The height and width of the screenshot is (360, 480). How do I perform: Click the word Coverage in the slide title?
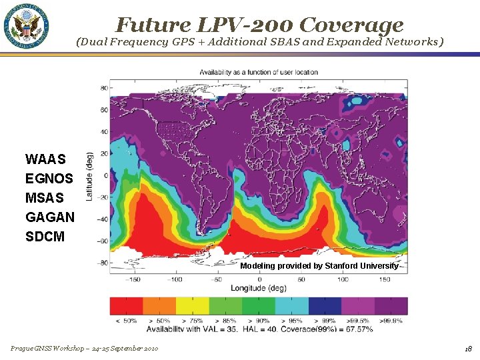click(351, 25)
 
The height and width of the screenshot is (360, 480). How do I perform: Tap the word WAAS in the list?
click(45, 159)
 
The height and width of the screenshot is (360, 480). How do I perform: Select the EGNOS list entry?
click(49, 179)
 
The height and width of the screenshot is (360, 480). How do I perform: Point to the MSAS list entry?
click(45, 198)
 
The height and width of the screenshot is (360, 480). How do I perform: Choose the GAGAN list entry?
click(49, 217)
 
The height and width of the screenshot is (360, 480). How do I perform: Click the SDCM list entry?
click(45, 237)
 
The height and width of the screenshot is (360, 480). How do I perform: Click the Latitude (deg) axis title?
click(89, 176)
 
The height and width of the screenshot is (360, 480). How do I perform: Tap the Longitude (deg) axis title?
click(259, 288)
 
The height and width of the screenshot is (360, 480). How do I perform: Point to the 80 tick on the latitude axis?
click(105, 87)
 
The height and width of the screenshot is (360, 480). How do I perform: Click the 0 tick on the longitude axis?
click(259, 279)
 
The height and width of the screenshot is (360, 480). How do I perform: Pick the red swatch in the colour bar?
click(126, 306)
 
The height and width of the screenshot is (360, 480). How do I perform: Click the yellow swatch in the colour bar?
click(192, 306)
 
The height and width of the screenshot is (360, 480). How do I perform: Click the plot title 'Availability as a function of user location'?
click(259, 72)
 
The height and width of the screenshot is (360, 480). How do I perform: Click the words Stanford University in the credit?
click(361, 266)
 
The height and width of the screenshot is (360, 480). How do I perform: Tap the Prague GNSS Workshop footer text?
click(84, 349)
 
